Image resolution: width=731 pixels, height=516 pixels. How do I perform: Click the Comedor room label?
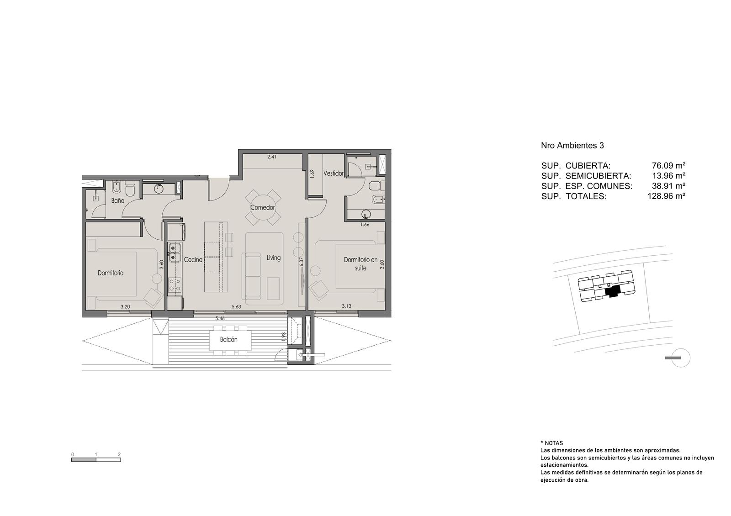pos(262,207)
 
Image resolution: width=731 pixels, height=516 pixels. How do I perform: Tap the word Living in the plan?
pos(274,258)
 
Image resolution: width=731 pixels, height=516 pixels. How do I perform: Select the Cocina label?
pos(193,260)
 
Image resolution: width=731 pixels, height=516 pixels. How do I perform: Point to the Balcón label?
pos(228,339)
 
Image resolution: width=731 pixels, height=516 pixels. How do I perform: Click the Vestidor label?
pos(334,173)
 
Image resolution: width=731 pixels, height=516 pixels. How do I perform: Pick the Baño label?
pos(117,200)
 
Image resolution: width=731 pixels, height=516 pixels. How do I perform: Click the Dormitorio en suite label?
pos(360,264)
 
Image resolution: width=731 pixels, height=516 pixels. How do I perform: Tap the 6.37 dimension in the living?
pos(302,262)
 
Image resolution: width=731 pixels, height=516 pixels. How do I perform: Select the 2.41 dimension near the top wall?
pos(271,157)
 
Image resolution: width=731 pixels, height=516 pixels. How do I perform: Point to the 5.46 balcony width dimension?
pos(220,318)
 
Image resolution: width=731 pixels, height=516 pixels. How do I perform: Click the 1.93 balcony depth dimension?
pos(284,337)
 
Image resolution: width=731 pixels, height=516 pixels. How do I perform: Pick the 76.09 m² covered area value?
pos(668,165)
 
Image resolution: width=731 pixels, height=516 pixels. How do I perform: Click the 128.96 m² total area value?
pos(666,196)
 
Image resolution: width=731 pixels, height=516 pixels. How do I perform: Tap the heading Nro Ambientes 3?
pos(572,146)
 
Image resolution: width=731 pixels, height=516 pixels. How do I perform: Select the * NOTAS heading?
pos(551,443)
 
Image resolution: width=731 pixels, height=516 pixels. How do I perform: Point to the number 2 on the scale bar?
pos(119,454)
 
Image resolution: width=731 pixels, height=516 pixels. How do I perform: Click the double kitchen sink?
pos(175,253)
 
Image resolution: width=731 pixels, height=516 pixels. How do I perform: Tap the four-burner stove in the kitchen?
pos(175,285)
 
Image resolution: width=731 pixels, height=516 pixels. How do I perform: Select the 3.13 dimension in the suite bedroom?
pos(347,306)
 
